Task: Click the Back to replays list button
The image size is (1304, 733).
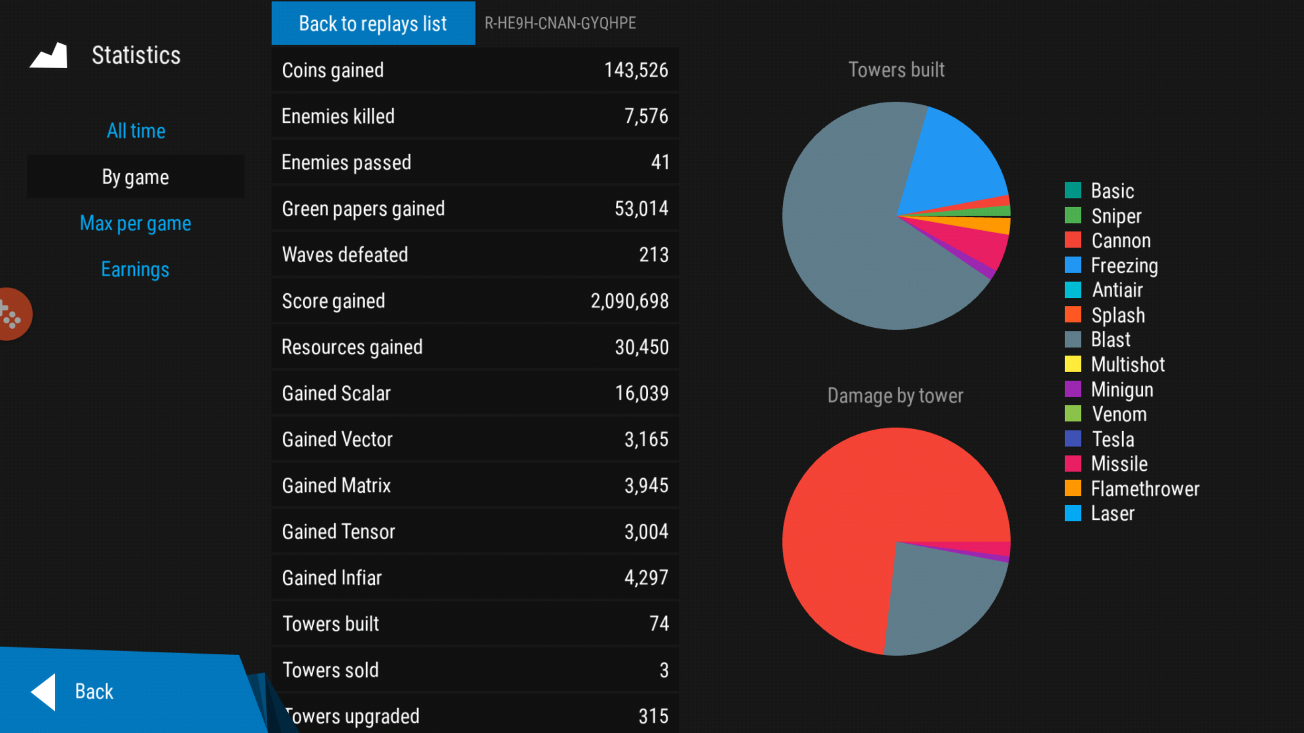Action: (373, 23)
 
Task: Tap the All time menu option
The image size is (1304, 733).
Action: (136, 131)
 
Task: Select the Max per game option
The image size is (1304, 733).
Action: (135, 223)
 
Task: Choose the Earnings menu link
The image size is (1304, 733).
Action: (135, 269)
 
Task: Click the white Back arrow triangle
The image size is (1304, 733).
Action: (44, 692)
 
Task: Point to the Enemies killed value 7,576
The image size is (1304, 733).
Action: (646, 116)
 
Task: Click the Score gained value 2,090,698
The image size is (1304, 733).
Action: (629, 301)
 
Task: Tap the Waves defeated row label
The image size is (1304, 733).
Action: (345, 255)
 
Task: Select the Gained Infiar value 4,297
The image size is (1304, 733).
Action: (646, 578)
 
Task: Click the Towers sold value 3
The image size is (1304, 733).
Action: (664, 670)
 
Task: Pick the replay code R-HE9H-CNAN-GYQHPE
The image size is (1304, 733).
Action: (560, 23)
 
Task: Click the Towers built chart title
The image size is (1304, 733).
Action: (896, 70)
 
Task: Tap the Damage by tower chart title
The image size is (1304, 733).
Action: (895, 396)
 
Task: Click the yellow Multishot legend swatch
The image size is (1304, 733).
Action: (1073, 364)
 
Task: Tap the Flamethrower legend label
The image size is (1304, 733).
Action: (1145, 489)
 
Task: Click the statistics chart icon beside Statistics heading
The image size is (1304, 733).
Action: (49, 55)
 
